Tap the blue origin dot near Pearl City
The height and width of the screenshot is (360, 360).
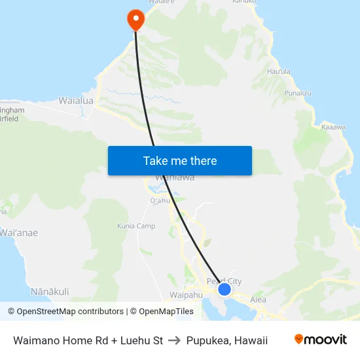coord(225,289)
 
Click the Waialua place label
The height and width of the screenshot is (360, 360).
coord(76,101)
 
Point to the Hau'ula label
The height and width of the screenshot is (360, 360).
coord(279,89)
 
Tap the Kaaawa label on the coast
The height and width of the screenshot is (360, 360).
coord(333,127)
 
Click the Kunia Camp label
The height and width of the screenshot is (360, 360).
coord(137,226)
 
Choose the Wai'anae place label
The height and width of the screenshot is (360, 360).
coord(18,232)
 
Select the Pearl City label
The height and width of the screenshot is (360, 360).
coord(224,281)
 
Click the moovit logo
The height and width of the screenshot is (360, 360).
coord(321,339)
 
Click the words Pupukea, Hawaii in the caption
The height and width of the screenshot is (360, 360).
coord(226,340)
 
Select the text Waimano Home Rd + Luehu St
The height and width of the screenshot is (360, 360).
coord(88,340)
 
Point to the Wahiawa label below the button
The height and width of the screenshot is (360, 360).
coord(174,177)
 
